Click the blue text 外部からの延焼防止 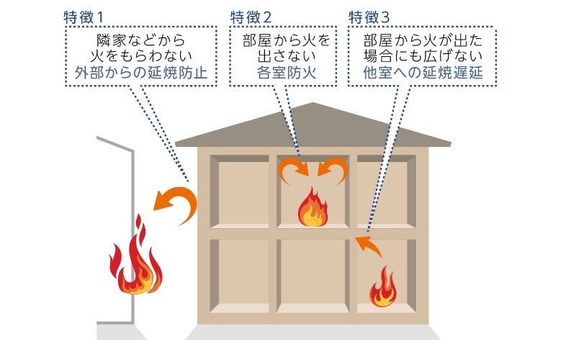pos(141,72)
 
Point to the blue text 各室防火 pos(287,72)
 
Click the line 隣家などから pos(140,38)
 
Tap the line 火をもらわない pos(140,55)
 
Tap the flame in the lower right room pos(383,287)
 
